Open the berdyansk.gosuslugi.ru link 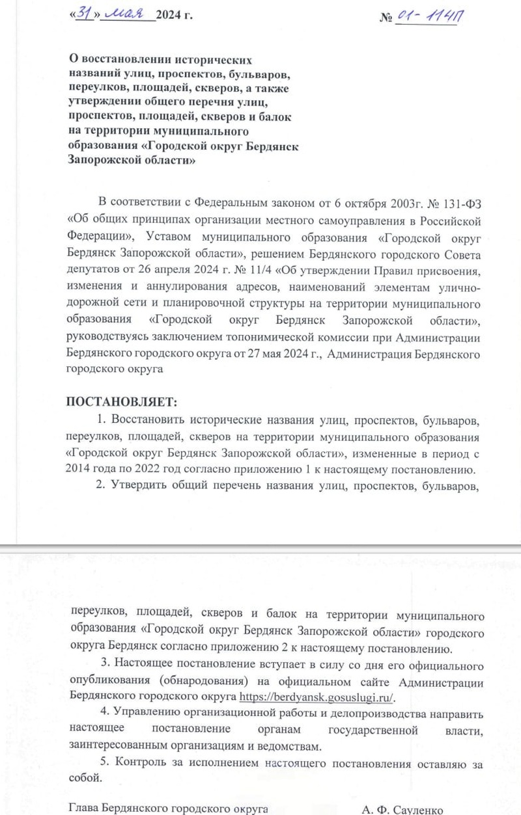(x=317, y=697)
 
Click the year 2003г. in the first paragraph (x=408, y=199)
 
